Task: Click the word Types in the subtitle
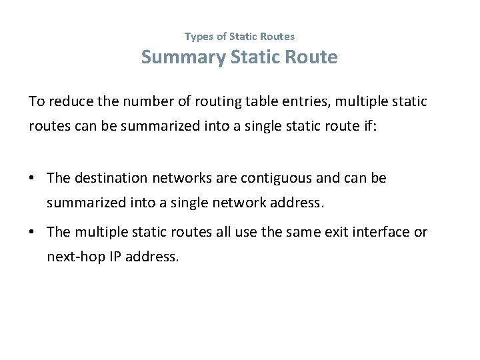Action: coord(198,37)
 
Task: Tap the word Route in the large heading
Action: coord(311,57)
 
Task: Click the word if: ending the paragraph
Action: coord(369,126)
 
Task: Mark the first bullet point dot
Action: coord(33,178)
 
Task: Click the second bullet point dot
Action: coord(33,232)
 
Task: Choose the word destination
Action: coord(111,178)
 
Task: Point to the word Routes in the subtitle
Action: coord(277,37)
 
